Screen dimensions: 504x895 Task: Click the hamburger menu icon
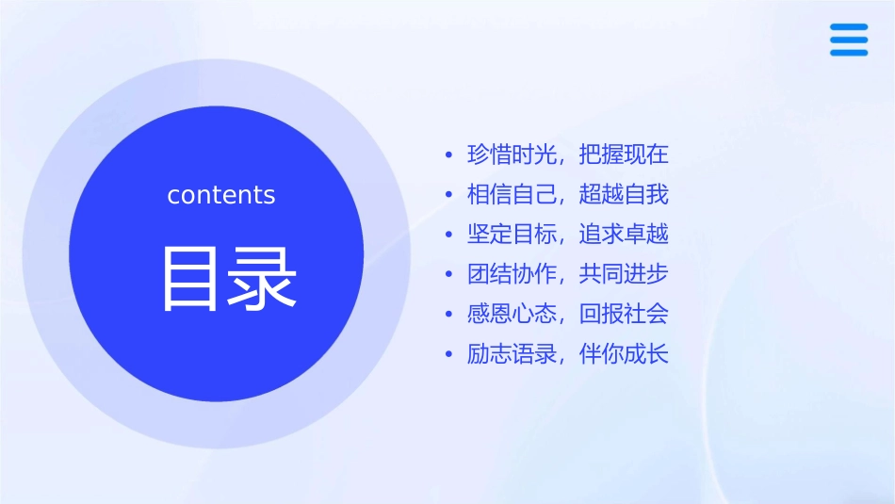pos(849,40)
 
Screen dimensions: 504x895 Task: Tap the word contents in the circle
pos(221,195)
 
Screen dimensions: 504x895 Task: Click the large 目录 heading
pos(230,279)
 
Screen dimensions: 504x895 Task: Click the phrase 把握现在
pos(624,154)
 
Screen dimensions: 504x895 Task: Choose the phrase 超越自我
pos(624,195)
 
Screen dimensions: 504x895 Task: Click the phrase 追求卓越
pos(624,235)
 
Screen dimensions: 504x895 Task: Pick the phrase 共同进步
pos(624,275)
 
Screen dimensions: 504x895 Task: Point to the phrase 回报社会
pos(624,315)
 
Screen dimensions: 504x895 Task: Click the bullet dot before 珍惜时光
pos(448,155)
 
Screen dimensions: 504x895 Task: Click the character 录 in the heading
pos(265,279)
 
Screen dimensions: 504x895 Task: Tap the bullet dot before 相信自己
pos(448,196)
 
